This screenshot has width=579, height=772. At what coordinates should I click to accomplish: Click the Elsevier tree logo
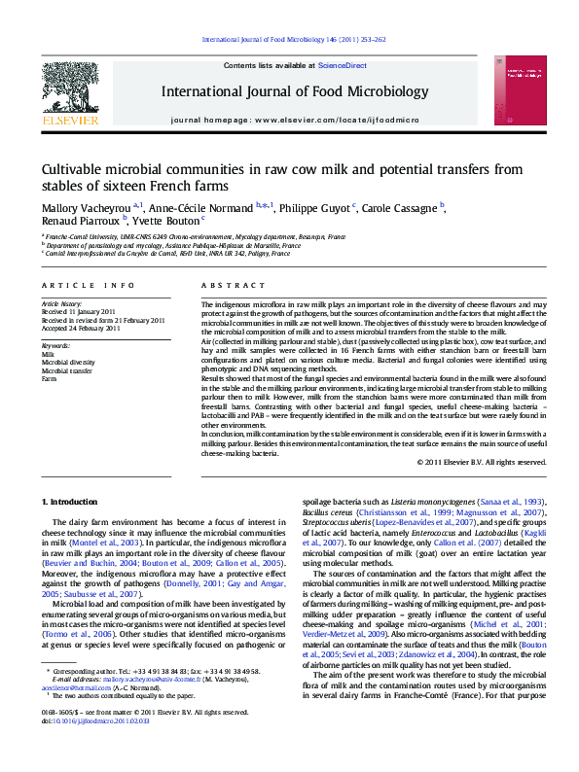pyautogui.click(x=69, y=94)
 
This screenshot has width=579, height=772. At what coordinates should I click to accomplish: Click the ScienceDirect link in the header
pyautogui.click(x=343, y=64)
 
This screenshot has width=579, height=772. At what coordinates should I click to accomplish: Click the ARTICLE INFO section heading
pyautogui.click(x=88, y=284)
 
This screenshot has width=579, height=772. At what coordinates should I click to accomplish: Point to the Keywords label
pyautogui.click(x=55, y=346)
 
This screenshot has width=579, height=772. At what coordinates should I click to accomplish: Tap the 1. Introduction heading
pyautogui.click(x=72, y=501)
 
